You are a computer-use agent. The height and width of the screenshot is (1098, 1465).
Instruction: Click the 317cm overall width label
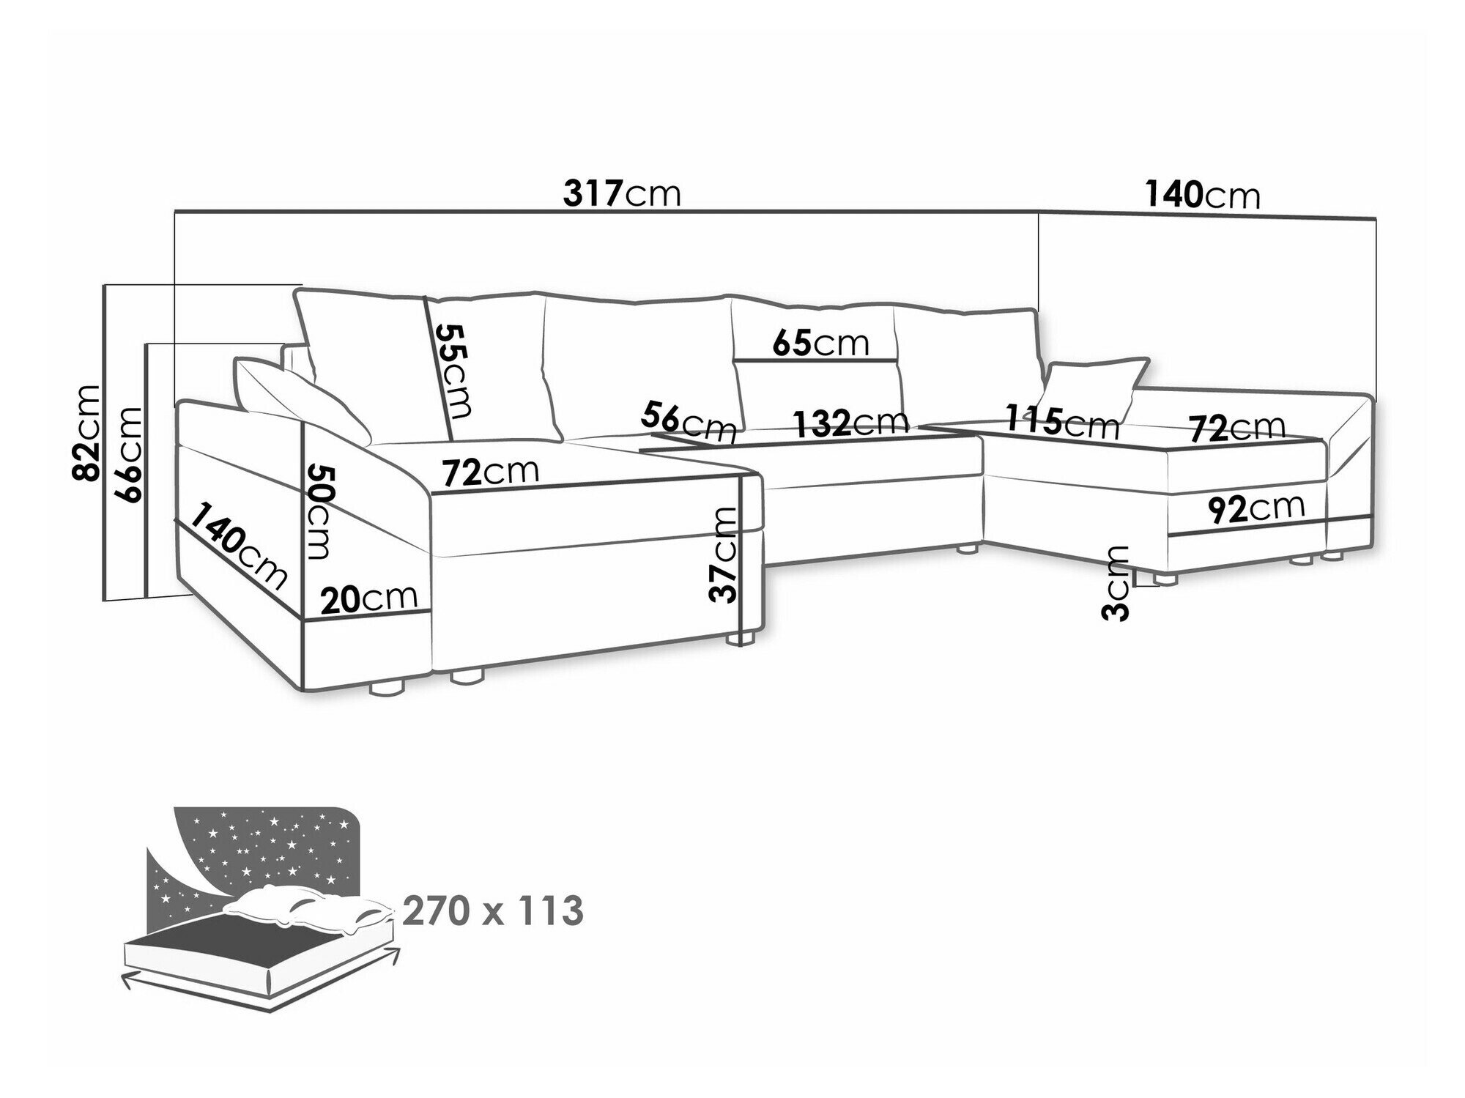pos(622,194)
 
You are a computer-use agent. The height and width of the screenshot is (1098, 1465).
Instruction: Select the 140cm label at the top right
pos(1202,196)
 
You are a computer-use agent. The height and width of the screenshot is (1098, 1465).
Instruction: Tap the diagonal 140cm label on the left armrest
pos(238,546)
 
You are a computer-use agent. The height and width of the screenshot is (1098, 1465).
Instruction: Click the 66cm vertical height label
pos(129,453)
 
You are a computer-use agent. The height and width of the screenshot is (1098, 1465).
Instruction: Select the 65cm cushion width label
pos(820,343)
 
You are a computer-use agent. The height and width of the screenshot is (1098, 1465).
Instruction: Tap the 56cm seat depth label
pos(688,421)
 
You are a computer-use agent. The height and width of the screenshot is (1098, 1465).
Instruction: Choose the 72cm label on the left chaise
pos(490,472)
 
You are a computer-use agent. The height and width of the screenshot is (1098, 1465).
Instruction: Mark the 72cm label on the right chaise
pos(1236,429)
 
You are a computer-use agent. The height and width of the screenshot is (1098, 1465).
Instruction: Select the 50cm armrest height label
pos(320,511)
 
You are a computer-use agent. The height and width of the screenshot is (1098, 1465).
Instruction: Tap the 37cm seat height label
pos(723,554)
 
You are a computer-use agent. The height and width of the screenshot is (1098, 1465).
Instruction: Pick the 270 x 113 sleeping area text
pos(493,911)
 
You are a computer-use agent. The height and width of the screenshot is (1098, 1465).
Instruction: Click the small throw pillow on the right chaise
pos(1094,390)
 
